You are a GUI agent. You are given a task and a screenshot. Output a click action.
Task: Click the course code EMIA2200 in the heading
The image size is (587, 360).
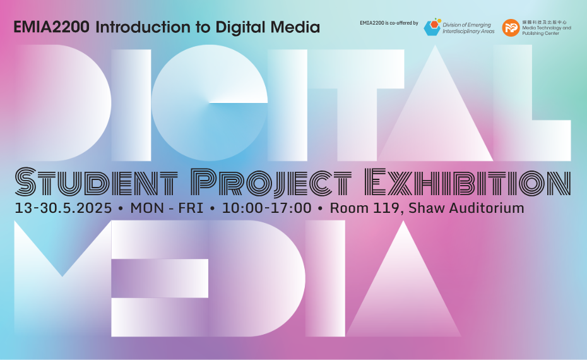click(x=52, y=27)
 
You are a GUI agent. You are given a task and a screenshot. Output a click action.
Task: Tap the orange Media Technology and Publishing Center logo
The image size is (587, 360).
click(x=511, y=28)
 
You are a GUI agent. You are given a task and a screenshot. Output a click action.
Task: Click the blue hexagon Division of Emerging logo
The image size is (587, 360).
click(x=432, y=27)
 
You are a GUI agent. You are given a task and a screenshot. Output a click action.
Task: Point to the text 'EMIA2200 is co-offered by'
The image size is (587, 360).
click(x=389, y=23)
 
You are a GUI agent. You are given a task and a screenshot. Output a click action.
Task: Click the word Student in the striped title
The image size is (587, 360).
click(x=96, y=182)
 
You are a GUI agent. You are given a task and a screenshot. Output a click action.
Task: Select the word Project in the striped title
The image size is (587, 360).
click(x=271, y=183)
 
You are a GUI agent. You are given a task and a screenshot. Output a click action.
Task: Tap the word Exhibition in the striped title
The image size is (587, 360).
click(x=468, y=182)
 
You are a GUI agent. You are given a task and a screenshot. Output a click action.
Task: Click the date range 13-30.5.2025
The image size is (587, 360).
click(x=63, y=208)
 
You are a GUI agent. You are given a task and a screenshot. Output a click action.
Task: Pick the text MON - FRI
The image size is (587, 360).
click(x=167, y=208)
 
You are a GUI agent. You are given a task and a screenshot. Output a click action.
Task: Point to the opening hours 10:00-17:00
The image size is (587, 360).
click(x=266, y=208)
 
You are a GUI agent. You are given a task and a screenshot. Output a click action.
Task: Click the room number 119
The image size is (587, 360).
click(x=386, y=208)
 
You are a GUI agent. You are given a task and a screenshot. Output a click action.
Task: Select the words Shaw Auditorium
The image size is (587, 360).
click(x=466, y=208)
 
